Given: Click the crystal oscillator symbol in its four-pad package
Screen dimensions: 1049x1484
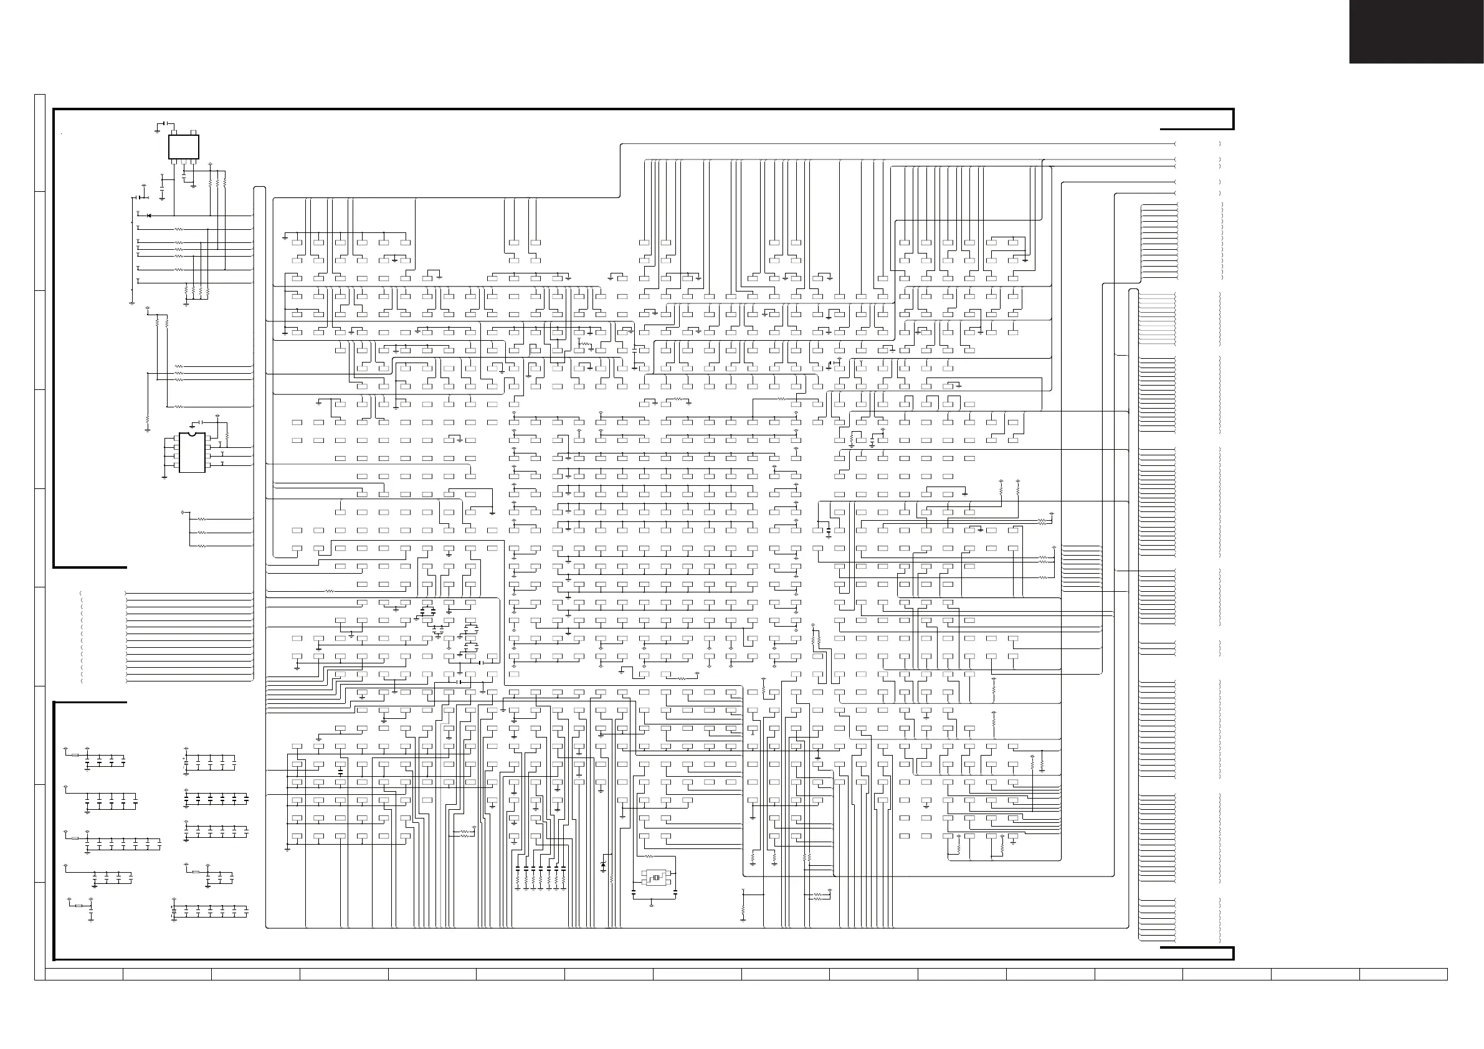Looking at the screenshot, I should [656, 878].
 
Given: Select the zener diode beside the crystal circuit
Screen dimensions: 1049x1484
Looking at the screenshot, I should [604, 865].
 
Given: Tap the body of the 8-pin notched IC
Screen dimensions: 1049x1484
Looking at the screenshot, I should [192, 452].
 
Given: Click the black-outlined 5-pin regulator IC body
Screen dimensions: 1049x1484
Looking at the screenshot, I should [184, 147].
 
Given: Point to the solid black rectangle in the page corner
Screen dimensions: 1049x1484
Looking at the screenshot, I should [1416, 32].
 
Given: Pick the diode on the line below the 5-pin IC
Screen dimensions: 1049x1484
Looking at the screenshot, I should [149, 216].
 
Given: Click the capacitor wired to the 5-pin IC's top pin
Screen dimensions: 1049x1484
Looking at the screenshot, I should [166, 123].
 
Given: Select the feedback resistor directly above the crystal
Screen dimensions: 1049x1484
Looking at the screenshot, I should [649, 857].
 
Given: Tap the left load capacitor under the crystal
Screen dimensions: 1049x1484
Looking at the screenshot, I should [634, 893].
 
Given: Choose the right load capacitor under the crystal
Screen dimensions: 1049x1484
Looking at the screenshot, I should [675, 893].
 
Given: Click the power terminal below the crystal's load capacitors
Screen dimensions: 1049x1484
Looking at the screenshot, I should [651, 906].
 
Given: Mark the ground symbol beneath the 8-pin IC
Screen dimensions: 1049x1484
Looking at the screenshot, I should [165, 477].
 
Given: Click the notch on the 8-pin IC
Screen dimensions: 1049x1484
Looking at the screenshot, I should [192, 434].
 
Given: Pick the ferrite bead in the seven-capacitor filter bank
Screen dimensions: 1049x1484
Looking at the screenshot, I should [76, 838].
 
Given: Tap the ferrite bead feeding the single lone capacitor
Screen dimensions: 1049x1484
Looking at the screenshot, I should [79, 907].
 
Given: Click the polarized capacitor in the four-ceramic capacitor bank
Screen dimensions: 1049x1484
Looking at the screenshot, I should [186, 762].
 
